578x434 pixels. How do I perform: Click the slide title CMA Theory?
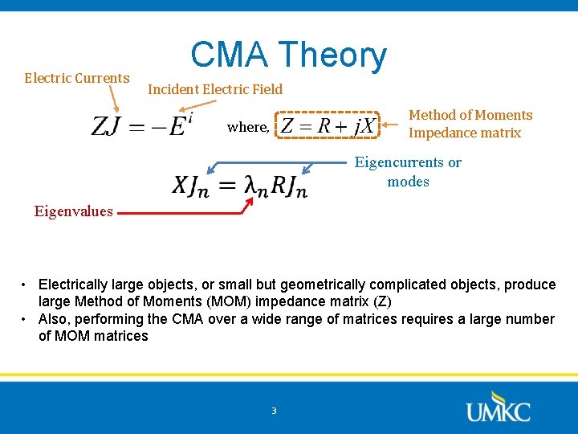point(288,55)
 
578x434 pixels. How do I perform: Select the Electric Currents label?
point(76,78)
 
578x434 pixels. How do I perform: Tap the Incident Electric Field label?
point(215,89)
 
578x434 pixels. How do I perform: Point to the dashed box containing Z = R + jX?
point(328,126)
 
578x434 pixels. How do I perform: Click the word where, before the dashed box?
point(248,127)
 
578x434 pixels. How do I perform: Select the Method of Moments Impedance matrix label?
point(470,124)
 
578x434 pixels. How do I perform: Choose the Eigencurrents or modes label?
point(408,172)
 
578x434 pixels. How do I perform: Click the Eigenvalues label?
point(73,211)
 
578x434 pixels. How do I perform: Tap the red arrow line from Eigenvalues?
point(181,214)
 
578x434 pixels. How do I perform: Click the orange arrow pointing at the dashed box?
point(391,125)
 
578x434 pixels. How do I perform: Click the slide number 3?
point(274,411)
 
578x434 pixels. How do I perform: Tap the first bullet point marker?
point(26,285)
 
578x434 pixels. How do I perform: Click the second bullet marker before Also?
point(26,319)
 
